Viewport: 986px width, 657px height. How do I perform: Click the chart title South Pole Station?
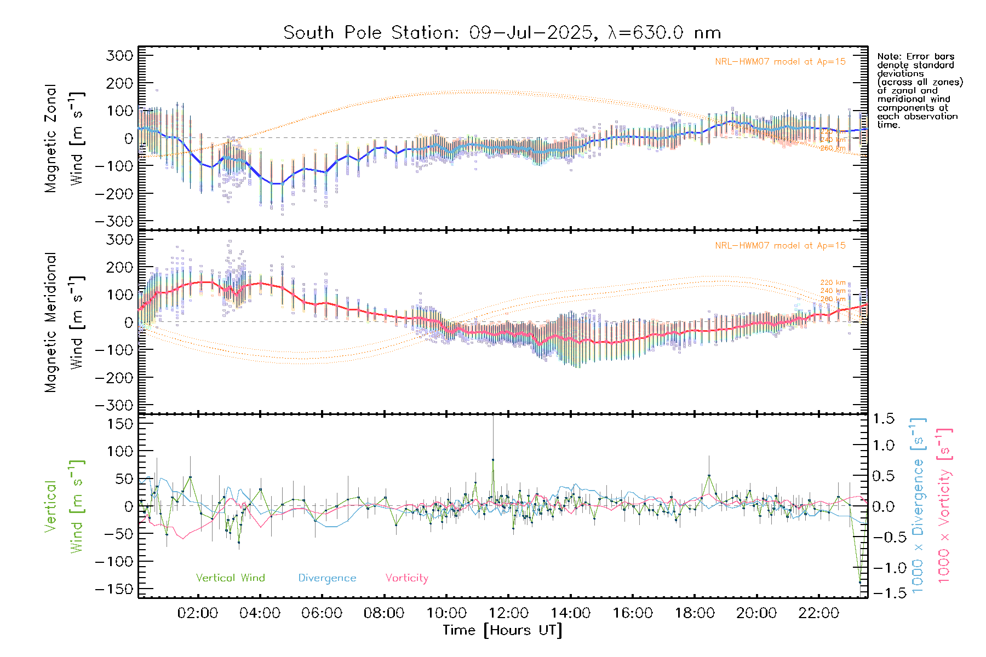pyautogui.click(x=501, y=33)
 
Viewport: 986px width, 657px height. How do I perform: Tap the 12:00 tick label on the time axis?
pyautogui.click(x=508, y=613)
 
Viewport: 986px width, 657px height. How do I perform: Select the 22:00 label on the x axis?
pyautogui.click(x=818, y=613)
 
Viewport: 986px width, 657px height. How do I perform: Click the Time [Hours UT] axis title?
pyautogui.click(x=502, y=630)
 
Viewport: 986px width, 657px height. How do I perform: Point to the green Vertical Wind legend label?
pyautogui.click(x=230, y=578)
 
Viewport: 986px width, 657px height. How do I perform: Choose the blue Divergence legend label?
pyautogui.click(x=327, y=578)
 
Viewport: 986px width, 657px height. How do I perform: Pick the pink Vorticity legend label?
pyautogui.click(x=406, y=578)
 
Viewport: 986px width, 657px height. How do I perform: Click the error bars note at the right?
pyautogui.click(x=919, y=90)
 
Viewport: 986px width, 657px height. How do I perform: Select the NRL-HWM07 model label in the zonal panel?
pyautogui.click(x=780, y=62)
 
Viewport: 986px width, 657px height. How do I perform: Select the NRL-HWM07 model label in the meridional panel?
pyautogui.click(x=780, y=246)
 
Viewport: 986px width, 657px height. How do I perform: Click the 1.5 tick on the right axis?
pyautogui.click(x=884, y=419)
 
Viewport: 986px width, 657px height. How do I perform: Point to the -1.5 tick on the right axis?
pyautogui.click(x=884, y=593)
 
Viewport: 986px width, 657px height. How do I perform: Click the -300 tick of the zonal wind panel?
pyautogui.click(x=114, y=221)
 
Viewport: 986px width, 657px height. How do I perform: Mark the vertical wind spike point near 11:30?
pyautogui.click(x=493, y=460)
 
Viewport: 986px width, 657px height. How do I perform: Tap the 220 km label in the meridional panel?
pyautogui.click(x=833, y=283)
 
